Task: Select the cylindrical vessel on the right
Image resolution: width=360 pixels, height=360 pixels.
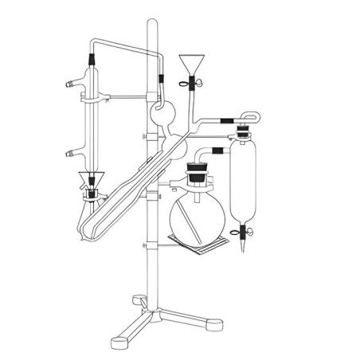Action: tap(242, 183)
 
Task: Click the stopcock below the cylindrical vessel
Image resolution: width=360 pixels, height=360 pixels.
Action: tap(244, 233)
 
